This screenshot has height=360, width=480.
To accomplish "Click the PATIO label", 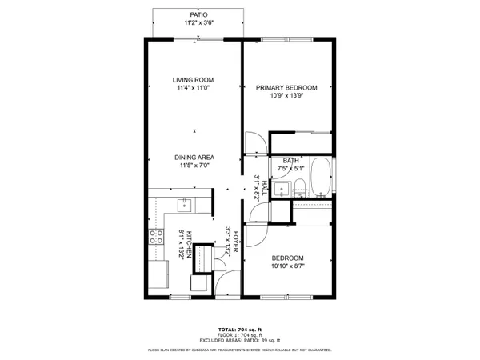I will click(x=198, y=14).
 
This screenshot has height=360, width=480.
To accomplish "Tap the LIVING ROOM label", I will click(x=194, y=79).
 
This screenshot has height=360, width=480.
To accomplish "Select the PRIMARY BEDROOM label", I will click(x=286, y=88).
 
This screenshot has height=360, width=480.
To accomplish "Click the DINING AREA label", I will click(x=194, y=158).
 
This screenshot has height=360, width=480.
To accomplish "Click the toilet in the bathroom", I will click(x=298, y=189).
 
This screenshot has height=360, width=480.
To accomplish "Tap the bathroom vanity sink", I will click(x=281, y=190).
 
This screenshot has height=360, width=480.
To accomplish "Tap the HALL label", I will click(x=264, y=186).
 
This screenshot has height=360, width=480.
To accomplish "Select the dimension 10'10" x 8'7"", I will click(x=286, y=266).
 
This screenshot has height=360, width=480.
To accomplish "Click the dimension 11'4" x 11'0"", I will click(x=194, y=88).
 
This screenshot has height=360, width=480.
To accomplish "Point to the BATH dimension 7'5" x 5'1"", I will click(x=292, y=169).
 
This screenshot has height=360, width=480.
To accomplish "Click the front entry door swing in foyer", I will click(x=227, y=282).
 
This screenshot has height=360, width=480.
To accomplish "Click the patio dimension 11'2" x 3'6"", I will click(x=198, y=23).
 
